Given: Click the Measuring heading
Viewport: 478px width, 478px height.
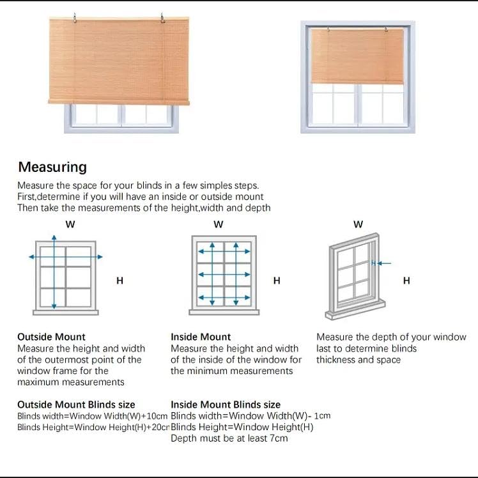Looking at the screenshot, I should (52, 167).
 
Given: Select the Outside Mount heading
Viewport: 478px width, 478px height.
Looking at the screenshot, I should (51, 337).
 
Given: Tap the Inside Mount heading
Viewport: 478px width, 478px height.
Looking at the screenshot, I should (201, 337).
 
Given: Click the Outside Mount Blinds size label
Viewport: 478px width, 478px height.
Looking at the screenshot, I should (76, 405).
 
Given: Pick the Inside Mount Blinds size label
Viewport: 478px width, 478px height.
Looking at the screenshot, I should (226, 405).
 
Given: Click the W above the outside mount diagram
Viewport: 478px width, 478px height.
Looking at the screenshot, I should (70, 224).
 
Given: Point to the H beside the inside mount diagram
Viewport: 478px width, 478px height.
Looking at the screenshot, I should (277, 281).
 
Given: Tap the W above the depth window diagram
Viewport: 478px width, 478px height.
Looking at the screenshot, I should (358, 224).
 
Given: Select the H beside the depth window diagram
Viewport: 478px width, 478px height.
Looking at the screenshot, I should (406, 281).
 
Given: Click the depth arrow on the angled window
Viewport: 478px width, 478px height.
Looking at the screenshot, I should (383, 263).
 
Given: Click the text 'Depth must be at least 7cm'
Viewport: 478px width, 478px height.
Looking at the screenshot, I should (229, 438).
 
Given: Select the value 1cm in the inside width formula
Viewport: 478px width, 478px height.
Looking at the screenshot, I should (323, 416).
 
